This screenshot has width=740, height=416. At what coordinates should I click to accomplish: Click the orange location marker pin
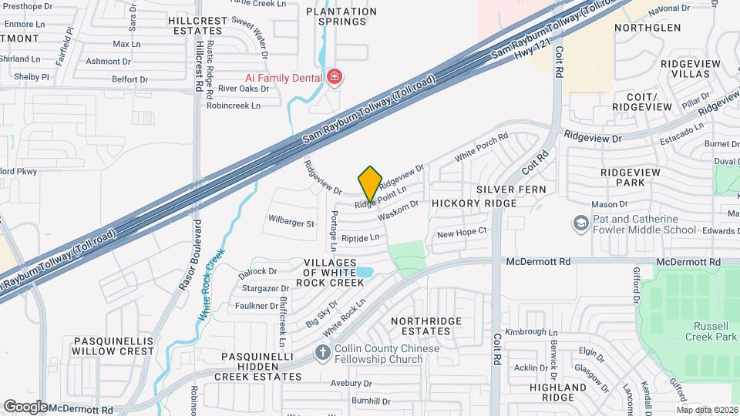pyautogui.click(x=370, y=183)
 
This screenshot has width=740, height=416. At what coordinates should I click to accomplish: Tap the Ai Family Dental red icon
pyautogui.click(x=334, y=76)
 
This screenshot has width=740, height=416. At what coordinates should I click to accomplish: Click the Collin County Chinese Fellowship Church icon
pyautogui.click(x=323, y=353)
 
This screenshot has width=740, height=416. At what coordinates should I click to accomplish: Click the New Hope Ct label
pyautogui.click(x=462, y=232)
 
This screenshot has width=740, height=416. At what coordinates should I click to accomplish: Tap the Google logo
pyautogui.click(x=25, y=406)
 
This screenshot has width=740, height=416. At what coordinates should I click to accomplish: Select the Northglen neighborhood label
pyautogui.click(x=647, y=28)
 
